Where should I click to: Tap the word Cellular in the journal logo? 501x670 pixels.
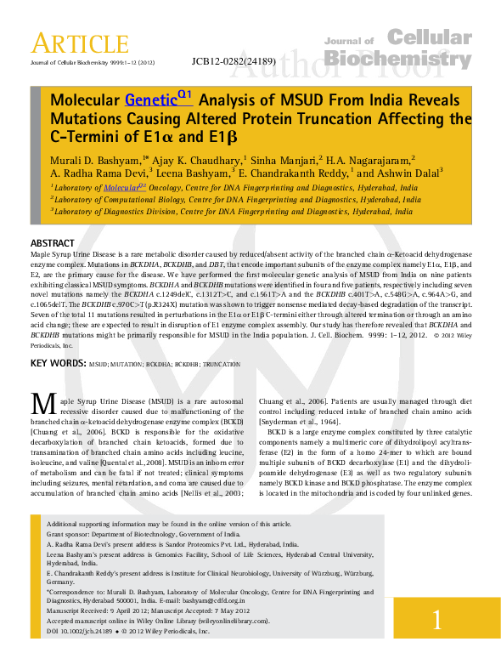point(429,37)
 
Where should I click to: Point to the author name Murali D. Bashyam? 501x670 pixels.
point(94,159)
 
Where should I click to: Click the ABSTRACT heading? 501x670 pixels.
point(52,242)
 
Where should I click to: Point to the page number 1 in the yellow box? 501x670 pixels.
point(436,620)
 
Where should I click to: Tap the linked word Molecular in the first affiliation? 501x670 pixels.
point(121,186)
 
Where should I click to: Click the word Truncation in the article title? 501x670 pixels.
point(344,117)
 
